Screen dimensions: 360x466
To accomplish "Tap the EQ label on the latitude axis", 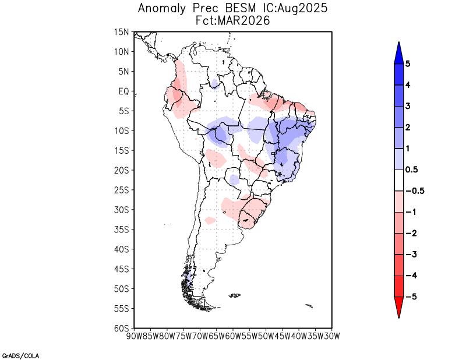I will click(123, 91).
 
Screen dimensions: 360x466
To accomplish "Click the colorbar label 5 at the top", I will click(408, 63).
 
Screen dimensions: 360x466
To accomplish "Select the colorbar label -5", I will click(410, 297).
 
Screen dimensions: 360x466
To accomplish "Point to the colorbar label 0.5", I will click(411, 170).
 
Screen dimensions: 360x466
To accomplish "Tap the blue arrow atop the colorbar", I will click(398, 52).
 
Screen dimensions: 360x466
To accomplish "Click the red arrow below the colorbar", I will click(398, 307).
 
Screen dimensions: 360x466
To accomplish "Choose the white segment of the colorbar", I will click(398, 180).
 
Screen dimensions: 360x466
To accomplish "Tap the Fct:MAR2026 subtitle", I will click(233, 20).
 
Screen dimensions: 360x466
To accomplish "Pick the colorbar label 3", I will click(408, 106).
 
